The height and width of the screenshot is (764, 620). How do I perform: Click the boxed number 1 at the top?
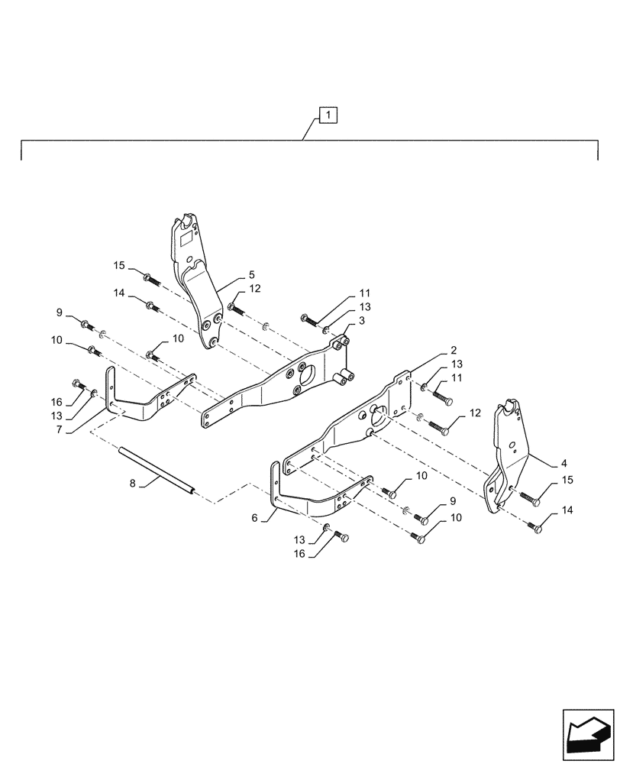(327, 116)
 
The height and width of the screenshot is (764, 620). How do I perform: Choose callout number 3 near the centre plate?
(361, 322)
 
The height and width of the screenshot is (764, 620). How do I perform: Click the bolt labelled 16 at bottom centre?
(341, 538)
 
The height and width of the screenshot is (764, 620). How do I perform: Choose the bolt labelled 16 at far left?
(77, 384)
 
